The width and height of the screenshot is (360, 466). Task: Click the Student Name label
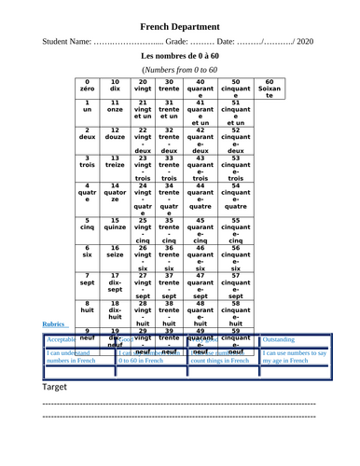pyautogui.click(x=66, y=43)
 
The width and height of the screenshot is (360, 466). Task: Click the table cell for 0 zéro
pyautogui.click(x=87, y=88)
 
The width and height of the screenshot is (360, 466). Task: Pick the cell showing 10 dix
pyautogui.click(x=115, y=88)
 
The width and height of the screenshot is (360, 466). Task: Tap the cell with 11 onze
pyautogui.click(x=115, y=107)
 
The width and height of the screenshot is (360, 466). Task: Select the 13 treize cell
pyautogui.click(x=115, y=164)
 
